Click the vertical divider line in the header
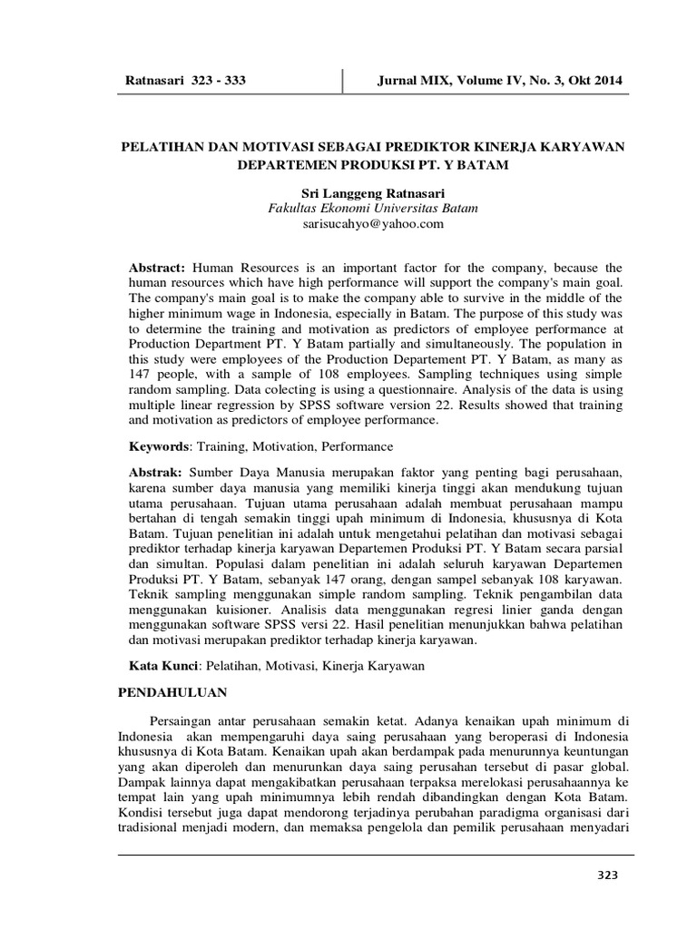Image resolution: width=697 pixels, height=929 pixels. (x=342, y=80)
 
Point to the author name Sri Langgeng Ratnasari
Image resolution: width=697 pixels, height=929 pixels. (x=372, y=192)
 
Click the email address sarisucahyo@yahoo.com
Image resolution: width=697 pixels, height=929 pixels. (x=372, y=224)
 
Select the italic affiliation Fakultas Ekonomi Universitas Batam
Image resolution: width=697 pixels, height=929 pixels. (x=372, y=209)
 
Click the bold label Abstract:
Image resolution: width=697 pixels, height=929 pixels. (x=156, y=269)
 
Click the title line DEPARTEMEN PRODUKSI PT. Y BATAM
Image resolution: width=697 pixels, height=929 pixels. (x=372, y=166)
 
